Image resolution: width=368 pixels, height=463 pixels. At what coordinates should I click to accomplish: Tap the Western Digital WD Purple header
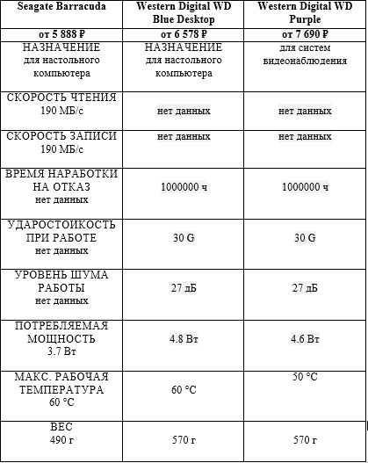304,14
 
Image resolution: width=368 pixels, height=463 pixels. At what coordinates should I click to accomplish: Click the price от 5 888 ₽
61,33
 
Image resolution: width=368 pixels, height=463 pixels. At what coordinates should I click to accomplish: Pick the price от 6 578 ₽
184,33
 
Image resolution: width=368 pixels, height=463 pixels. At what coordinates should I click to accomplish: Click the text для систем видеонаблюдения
304,54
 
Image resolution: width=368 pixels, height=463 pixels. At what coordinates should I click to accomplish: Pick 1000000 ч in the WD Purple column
304,187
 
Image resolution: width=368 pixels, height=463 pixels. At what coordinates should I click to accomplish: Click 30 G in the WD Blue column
184,238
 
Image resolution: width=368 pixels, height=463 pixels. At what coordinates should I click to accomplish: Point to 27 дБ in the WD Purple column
304,287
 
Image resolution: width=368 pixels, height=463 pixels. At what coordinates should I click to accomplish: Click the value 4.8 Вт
184,338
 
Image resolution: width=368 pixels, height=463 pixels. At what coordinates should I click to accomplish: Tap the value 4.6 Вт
304,338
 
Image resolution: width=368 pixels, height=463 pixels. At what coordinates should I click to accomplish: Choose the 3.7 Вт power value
61,351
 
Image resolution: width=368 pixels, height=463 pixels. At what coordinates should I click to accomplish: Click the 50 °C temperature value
304,376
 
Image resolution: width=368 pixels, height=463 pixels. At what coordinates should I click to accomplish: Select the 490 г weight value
61,440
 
